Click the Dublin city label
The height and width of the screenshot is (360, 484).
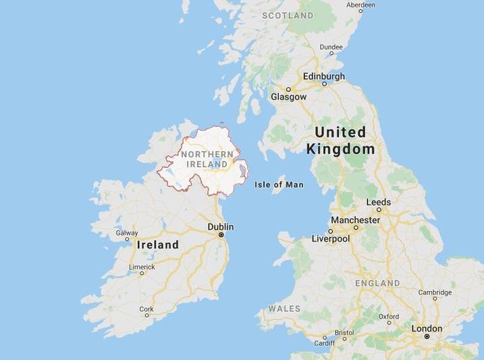(x=221, y=227)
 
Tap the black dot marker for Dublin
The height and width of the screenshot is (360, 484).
(x=221, y=235)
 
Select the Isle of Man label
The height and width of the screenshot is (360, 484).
(x=279, y=184)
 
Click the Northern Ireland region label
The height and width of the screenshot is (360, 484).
(x=207, y=159)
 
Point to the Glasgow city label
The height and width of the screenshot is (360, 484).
(x=288, y=97)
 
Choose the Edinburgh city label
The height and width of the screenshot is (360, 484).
(x=324, y=76)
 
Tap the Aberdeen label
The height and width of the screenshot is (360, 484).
(x=360, y=4)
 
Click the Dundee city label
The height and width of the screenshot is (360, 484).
(x=331, y=47)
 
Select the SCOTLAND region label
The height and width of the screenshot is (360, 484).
(x=288, y=15)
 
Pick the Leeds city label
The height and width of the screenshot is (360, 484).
(x=378, y=202)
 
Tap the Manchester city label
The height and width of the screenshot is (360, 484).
(x=355, y=220)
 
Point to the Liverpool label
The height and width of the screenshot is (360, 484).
(x=331, y=238)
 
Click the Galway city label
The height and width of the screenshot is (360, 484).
(x=127, y=233)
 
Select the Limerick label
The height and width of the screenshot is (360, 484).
(x=142, y=267)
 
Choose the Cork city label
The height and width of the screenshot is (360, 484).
(x=146, y=309)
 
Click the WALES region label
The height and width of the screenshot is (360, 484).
(x=284, y=309)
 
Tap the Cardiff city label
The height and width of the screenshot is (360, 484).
(x=324, y=342)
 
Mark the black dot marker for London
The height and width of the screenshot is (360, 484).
(x=427, y=336)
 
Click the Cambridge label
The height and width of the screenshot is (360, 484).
(x=435, y=292)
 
